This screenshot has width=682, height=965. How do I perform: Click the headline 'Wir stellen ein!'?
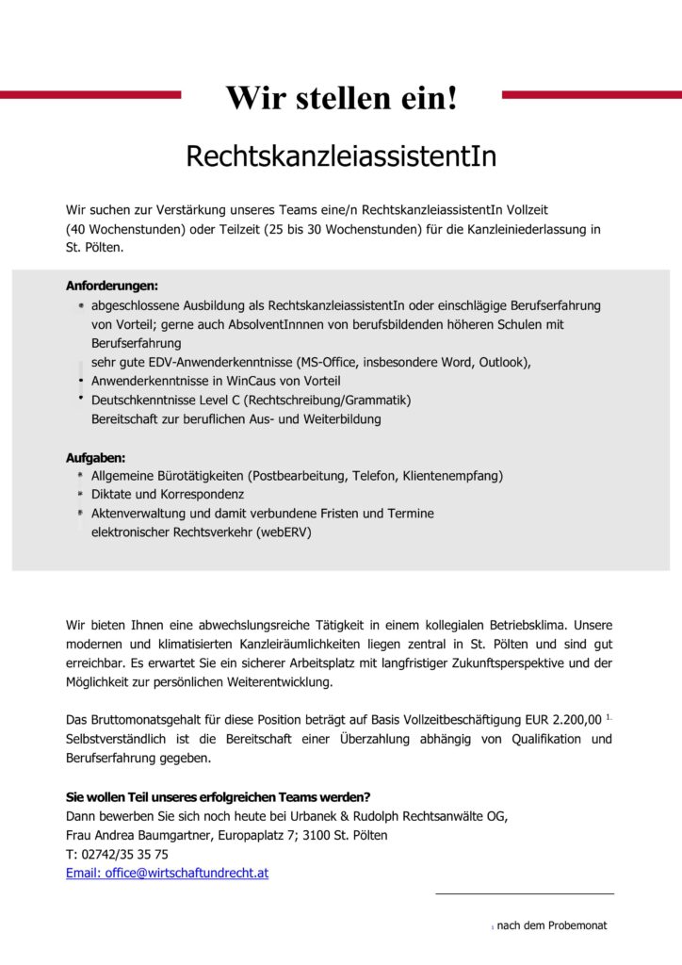[x=341, y=96]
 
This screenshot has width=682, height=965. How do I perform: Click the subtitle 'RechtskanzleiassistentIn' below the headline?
[x=341, y=155]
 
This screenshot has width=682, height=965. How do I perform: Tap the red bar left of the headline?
[x=90, y=94]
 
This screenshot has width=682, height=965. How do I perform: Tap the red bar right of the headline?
[x=592, y=94]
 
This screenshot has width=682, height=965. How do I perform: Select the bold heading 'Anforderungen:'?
[x=112, y=285]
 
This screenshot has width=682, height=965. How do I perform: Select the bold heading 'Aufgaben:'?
[x=95, y=457]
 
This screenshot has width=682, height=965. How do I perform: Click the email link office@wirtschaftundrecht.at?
[x=167, y=873]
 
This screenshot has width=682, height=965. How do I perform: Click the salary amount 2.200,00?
[x=572, y=720]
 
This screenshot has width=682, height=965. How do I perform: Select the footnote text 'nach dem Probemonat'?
[x=552, y=925]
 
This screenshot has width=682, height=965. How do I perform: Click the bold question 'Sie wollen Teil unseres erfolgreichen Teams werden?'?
[x=218, y=796]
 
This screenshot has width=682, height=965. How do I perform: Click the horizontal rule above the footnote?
[x=524, y=893]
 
